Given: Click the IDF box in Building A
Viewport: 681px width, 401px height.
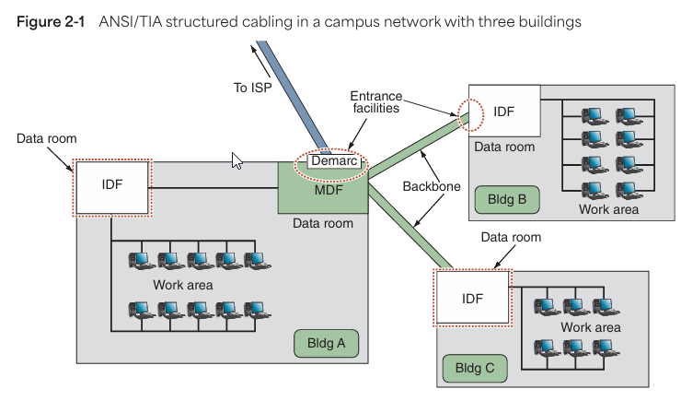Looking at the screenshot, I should (x=111, y=188).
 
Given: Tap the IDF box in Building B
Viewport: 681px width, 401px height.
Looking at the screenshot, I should (x=504, y=112).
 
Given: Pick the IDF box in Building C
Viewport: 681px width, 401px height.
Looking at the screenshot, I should (x=472, y=297).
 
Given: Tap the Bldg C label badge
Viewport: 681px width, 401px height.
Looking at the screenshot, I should (x=475, y=367).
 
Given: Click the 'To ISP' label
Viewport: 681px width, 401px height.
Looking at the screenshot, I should (x=254, y=88).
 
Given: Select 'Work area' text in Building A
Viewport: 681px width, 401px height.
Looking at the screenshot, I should (x=182, y=285).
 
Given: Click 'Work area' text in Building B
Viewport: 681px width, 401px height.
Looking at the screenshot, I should (x=608, y=209).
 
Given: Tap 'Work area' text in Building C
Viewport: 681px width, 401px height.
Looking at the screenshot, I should (x=590, y=327).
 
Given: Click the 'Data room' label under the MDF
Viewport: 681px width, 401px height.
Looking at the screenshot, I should (x=322, y=223).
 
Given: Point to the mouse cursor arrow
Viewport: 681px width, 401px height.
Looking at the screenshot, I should (x=237, y=159).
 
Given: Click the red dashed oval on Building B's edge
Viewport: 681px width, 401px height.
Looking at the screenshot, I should (x=469, y=112).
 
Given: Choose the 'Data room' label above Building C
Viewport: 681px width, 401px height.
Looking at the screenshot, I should (x=512, y=237).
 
